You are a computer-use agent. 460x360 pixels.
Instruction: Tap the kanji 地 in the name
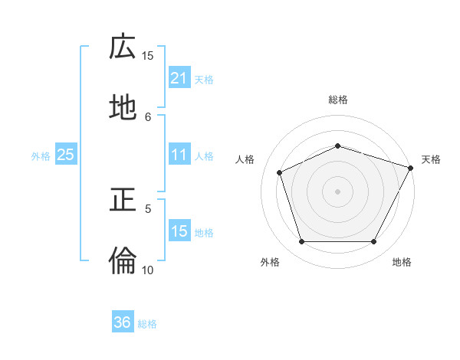(123, 109)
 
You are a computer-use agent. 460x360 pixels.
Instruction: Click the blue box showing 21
(179, 78)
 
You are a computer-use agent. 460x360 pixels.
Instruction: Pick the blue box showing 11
(179, 155)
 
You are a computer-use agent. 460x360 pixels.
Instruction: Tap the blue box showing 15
(179, 231)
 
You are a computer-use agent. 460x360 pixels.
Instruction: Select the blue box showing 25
(65, 155)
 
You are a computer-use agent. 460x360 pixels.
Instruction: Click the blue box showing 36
(123, 322)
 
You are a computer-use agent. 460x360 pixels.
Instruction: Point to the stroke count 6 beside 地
(148, 116)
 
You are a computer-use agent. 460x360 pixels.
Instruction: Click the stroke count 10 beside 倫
(148, 270)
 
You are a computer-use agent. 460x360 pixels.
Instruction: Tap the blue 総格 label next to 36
(147, 324)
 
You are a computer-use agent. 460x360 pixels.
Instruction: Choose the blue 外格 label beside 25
(41, 156)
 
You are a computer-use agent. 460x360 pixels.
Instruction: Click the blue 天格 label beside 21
(204, 80)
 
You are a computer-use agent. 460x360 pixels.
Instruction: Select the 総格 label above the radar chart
(337, 100)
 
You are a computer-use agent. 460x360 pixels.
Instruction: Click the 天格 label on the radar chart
(431, 159)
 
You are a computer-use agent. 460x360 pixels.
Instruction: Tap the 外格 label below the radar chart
(269, 262)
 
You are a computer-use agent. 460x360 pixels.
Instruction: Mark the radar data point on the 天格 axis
(412, 167)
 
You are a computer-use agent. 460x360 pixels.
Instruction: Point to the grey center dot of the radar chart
(337, 191)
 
